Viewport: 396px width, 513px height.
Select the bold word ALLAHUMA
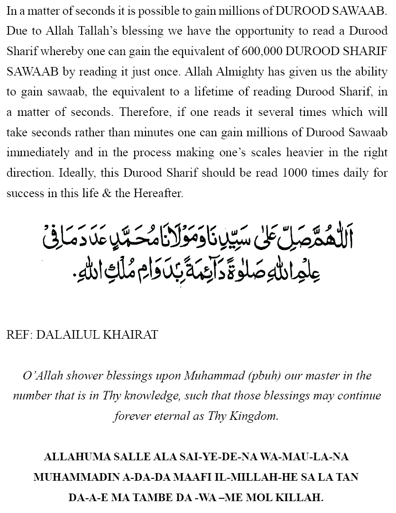75,457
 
